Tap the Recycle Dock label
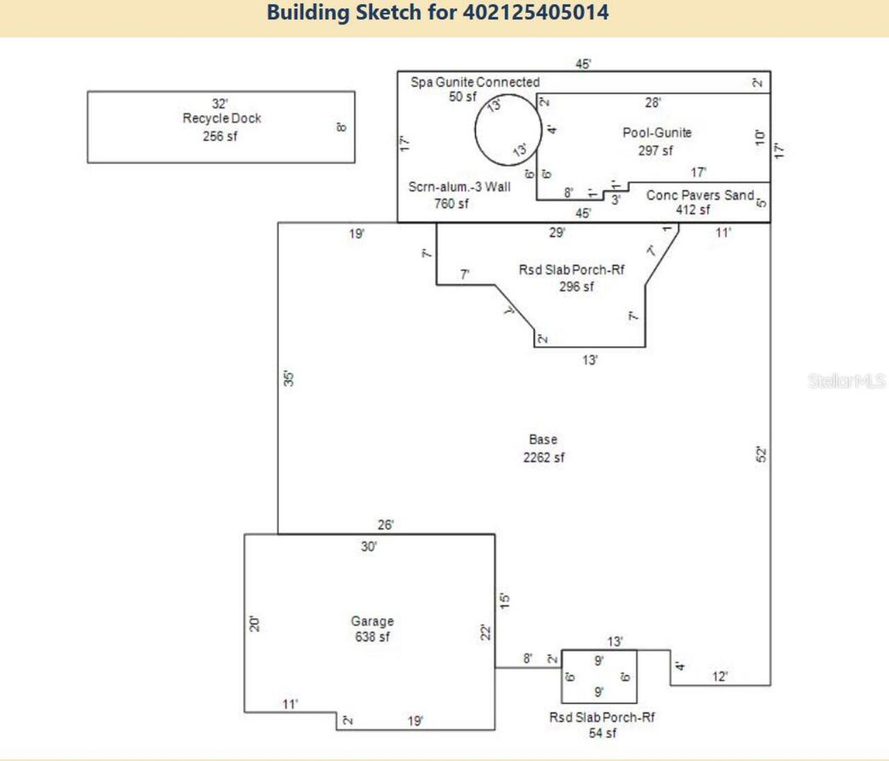[222, 119]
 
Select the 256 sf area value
[219, 137]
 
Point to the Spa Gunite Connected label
[474, 83]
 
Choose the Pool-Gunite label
[656, 133]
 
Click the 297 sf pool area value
[655, 151]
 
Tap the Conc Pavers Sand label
[699, 195]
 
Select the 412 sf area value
[692, 210]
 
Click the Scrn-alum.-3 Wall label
[459, 187]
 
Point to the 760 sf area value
[451, 203]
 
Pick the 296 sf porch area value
[576, 287]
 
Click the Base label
[542, 440]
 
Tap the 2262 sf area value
[544, 458]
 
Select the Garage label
[372, 621]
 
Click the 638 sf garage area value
[372, 637]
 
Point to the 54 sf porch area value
[602, 733]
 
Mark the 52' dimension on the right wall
[761, 455]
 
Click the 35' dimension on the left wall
[288, 378]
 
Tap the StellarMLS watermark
[846, 380]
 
